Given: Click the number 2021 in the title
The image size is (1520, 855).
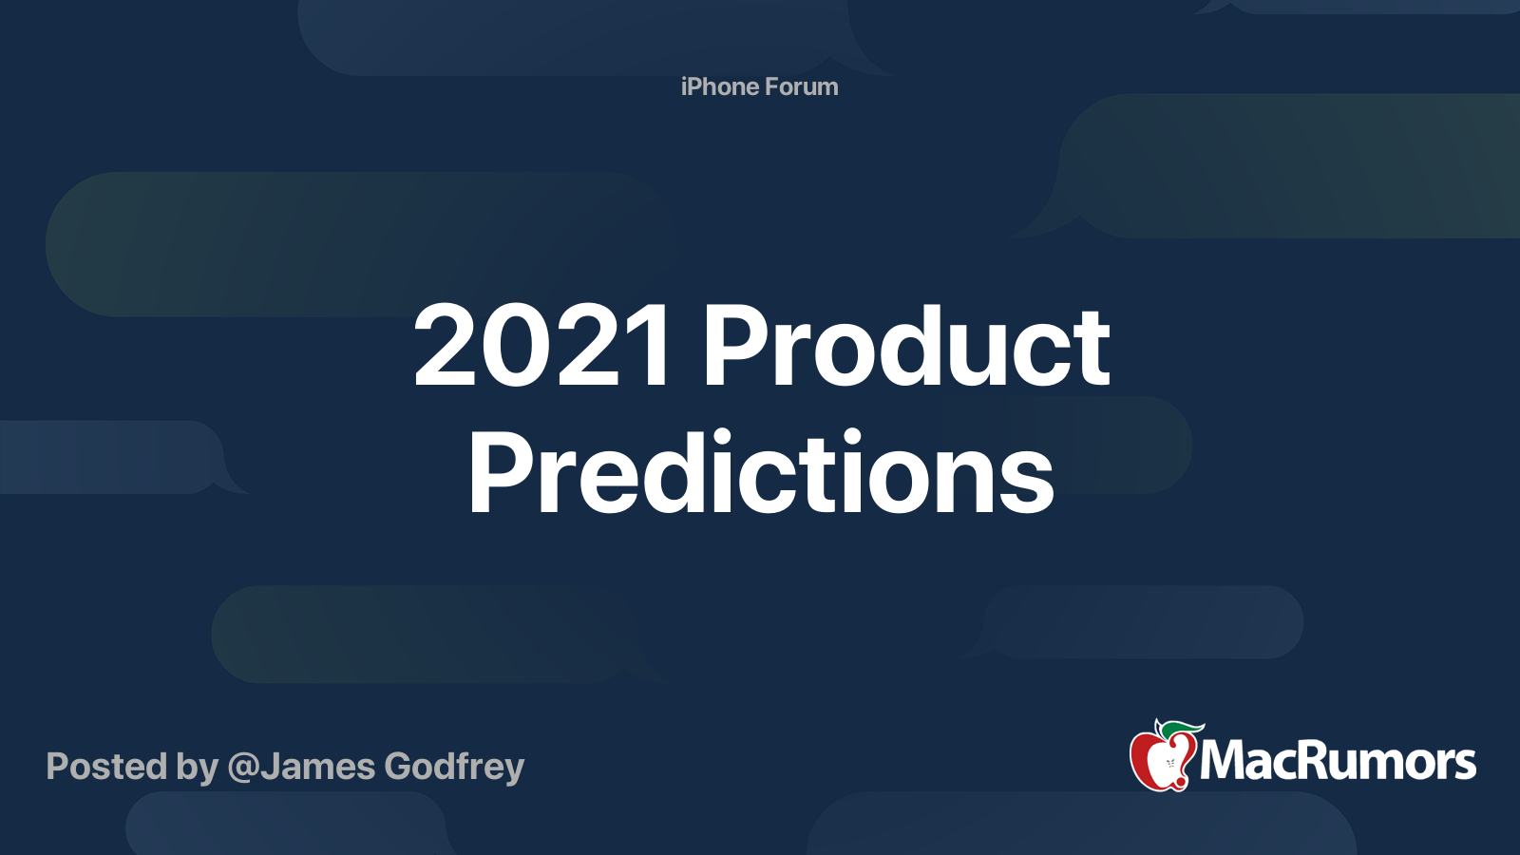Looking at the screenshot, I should click(x=542, y=347).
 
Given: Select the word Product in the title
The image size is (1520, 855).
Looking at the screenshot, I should click(x=905, y=347).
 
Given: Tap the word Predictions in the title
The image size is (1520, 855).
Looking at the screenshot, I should click(x=761, y=473).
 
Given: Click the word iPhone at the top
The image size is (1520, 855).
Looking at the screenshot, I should click(x=719, y=86).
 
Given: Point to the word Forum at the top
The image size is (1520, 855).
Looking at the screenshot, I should click(x=802, y=86).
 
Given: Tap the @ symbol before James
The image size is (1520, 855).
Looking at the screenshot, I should click(x=242, y=768).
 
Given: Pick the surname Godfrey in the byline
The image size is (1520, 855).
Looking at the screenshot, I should click(x=454, y=768).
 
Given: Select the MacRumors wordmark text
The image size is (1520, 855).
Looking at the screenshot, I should click(x=1338, y=761).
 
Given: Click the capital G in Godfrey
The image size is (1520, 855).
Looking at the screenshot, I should click(x=401, y=767).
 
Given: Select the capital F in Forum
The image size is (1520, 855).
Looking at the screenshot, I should click(x=772, y=86).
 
